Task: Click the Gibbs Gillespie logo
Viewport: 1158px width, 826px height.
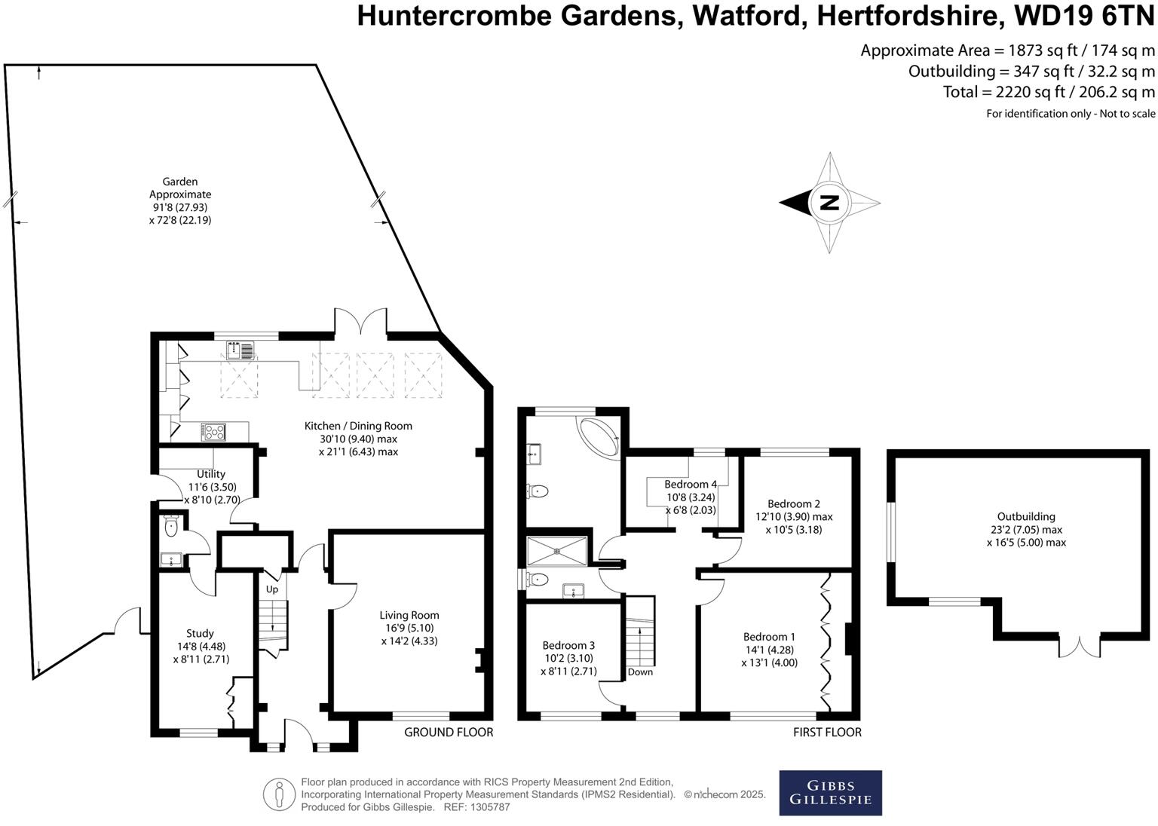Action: click(x=830, y=792)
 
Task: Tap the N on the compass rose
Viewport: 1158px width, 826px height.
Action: click(x=829, y=203)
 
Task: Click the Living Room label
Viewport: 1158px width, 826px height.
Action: click(x=409, y=615)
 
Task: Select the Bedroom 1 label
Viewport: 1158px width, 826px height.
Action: click(x=769, y=637)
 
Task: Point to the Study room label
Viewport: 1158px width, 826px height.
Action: click(x=200, y=633)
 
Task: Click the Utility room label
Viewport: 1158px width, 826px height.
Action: click(x=211, y=474)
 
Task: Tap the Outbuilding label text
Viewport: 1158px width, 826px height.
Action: click(x=1025, y=516)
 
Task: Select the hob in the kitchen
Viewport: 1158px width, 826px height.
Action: click(x=213, y=432)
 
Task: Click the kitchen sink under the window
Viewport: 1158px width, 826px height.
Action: click(x=240, y=350)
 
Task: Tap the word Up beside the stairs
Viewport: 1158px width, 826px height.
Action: click(x=272, y=589)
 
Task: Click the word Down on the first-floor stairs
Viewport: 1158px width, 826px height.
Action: click(x=640, y=672)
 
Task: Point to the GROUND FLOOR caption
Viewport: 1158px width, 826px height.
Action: click(x=449, y=732)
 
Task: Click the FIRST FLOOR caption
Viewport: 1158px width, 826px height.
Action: click(x=827, y=732)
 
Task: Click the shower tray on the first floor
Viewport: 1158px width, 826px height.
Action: click(x=557, y=550)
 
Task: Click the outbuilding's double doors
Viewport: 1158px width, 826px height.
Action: click(x=1080, y=646)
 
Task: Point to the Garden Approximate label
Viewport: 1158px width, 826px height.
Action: click(x=180, y=188)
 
